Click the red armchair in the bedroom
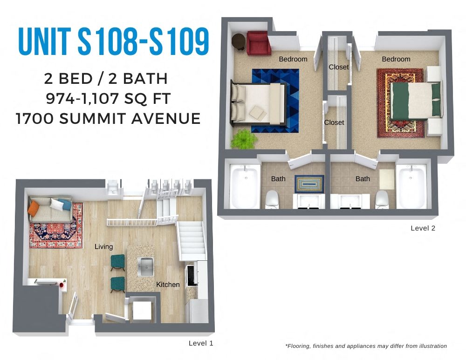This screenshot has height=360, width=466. pos(259,43)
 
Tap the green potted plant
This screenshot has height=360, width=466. pos(241,139)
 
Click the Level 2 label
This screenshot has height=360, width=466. pos(423,228)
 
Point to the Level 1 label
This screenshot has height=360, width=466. pos(201,343)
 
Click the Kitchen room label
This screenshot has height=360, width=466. pos(168,284)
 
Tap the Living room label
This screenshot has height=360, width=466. pos(103,246)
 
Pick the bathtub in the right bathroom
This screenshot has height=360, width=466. pos(411,187)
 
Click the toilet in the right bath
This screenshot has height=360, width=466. pos(382,199)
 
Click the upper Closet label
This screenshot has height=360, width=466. pos(338,67)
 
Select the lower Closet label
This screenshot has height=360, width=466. pos(334,122)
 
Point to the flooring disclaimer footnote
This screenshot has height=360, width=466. pos(366,346)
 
